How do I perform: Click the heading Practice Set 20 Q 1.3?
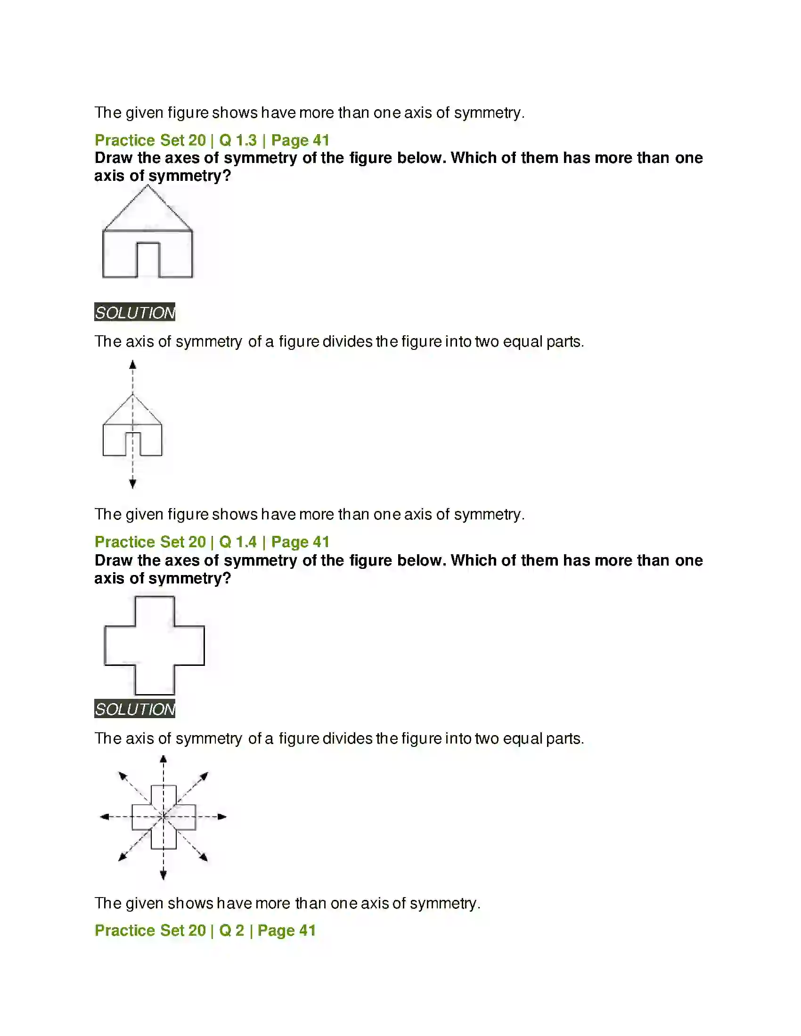click(x=212, y=140)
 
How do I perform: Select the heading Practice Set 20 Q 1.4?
click(x=212, y=542)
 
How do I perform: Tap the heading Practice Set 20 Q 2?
click(x=205, y=930)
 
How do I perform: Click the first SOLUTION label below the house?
click(x=135, y=312)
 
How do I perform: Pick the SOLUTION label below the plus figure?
click(x=135, y=709)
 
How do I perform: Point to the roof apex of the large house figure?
click(x=147, y=186)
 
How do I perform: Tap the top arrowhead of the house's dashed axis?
click(x=133, y=365)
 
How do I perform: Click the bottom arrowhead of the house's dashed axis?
click(x=133, y=483)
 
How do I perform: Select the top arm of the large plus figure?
click(x=155, y=611)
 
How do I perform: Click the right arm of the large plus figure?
click(x=190, y=645)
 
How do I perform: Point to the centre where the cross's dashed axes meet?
click(x=163, y=817)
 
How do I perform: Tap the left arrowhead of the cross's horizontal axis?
click(x=104, y=817)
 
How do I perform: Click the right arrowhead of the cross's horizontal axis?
click(x=222, y=817)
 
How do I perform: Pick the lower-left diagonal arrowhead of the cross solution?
click(x=122, y=857)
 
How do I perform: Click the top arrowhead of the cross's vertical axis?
click(x=163, y=759)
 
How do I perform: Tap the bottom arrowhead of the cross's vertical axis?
click(x=163, y=875)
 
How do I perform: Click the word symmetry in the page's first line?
click(x=488, y=113)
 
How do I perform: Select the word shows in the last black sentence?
click(x=190, y=903)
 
